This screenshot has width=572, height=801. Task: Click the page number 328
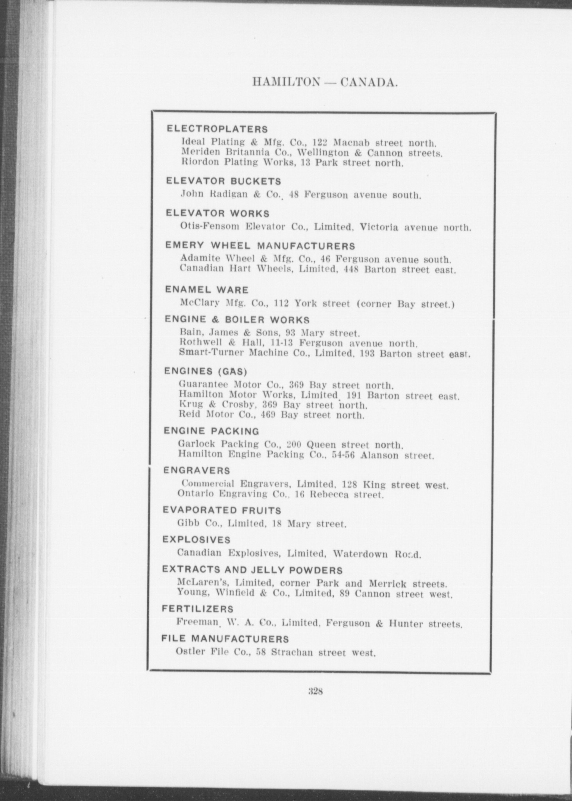[315, 691]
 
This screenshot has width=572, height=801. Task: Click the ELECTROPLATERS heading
[217, 129]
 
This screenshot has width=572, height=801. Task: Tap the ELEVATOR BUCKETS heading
[223, 181]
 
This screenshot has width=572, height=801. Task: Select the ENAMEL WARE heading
[207, 290]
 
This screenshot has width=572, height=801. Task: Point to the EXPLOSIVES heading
[197, 540]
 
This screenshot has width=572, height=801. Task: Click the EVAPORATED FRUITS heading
[222, 510]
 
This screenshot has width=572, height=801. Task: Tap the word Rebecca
[329, 495]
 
